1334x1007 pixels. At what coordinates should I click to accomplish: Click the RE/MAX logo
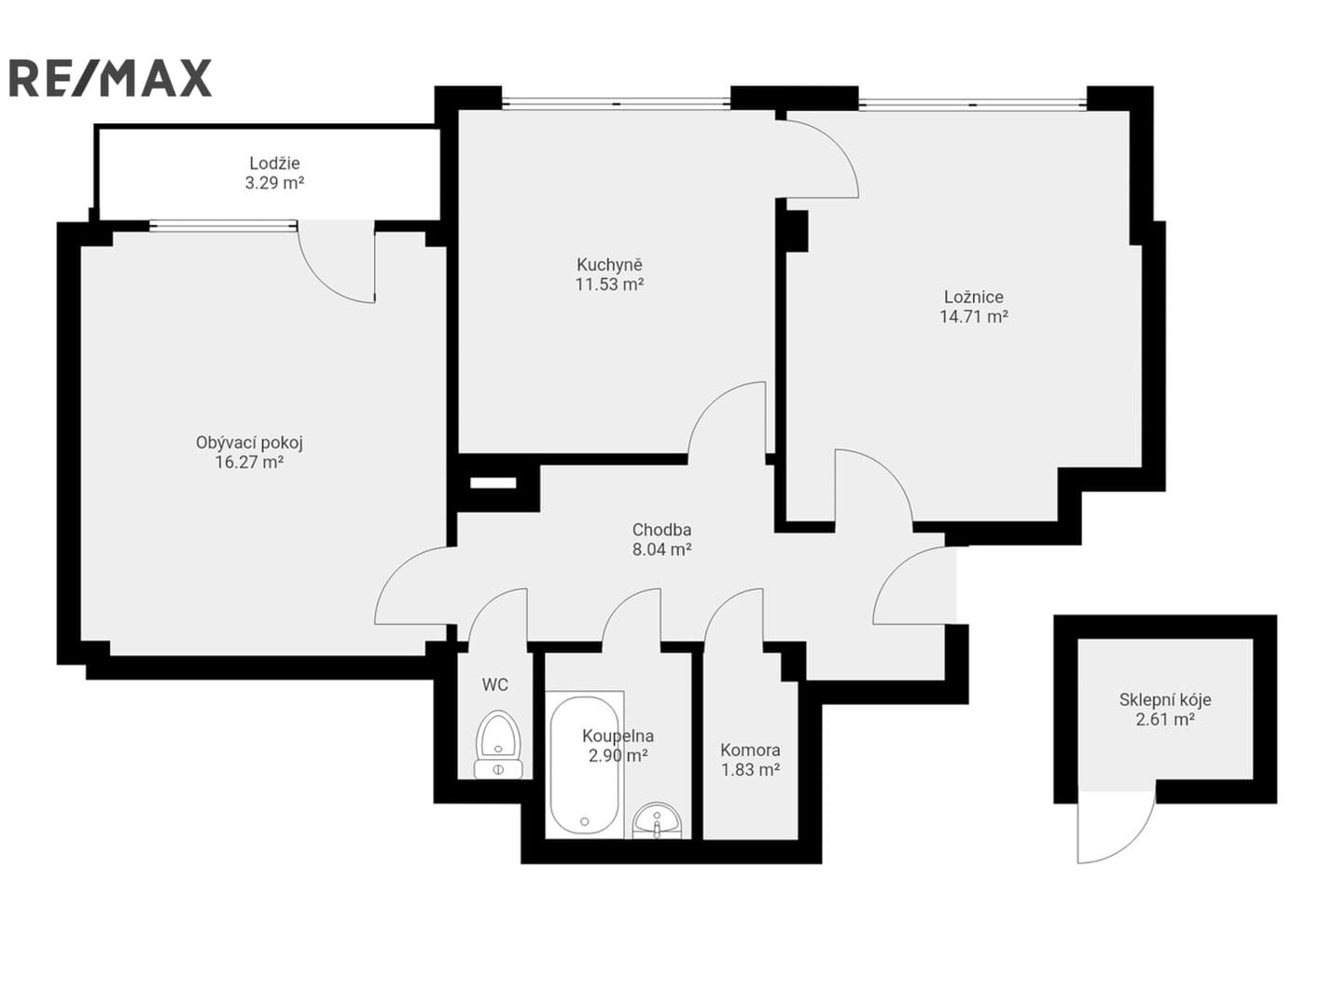(110, 77)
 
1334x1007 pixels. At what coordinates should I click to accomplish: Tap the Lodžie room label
(274, 163)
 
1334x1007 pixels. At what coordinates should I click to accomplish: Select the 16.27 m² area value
(249, 462)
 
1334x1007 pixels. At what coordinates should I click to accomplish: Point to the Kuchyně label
(609, 265)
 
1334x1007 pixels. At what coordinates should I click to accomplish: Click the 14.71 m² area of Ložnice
(974, 316)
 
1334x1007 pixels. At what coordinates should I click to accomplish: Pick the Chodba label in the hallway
(661, 530)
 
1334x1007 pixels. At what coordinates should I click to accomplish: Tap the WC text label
(494, 684)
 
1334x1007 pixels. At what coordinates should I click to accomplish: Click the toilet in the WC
(498, 745)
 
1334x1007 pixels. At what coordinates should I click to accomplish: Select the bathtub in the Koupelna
(584, 766)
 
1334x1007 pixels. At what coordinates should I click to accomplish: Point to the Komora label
(750, 750)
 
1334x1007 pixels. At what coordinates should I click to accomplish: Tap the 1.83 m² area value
(750, 770)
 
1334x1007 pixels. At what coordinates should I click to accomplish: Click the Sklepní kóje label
(1165, 699)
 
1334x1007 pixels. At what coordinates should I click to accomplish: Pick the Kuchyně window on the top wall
(616, 103)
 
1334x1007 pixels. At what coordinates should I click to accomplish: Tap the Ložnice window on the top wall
(972, 104)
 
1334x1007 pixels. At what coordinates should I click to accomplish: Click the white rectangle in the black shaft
(493, 483)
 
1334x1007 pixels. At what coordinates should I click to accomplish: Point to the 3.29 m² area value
(274, 183)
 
